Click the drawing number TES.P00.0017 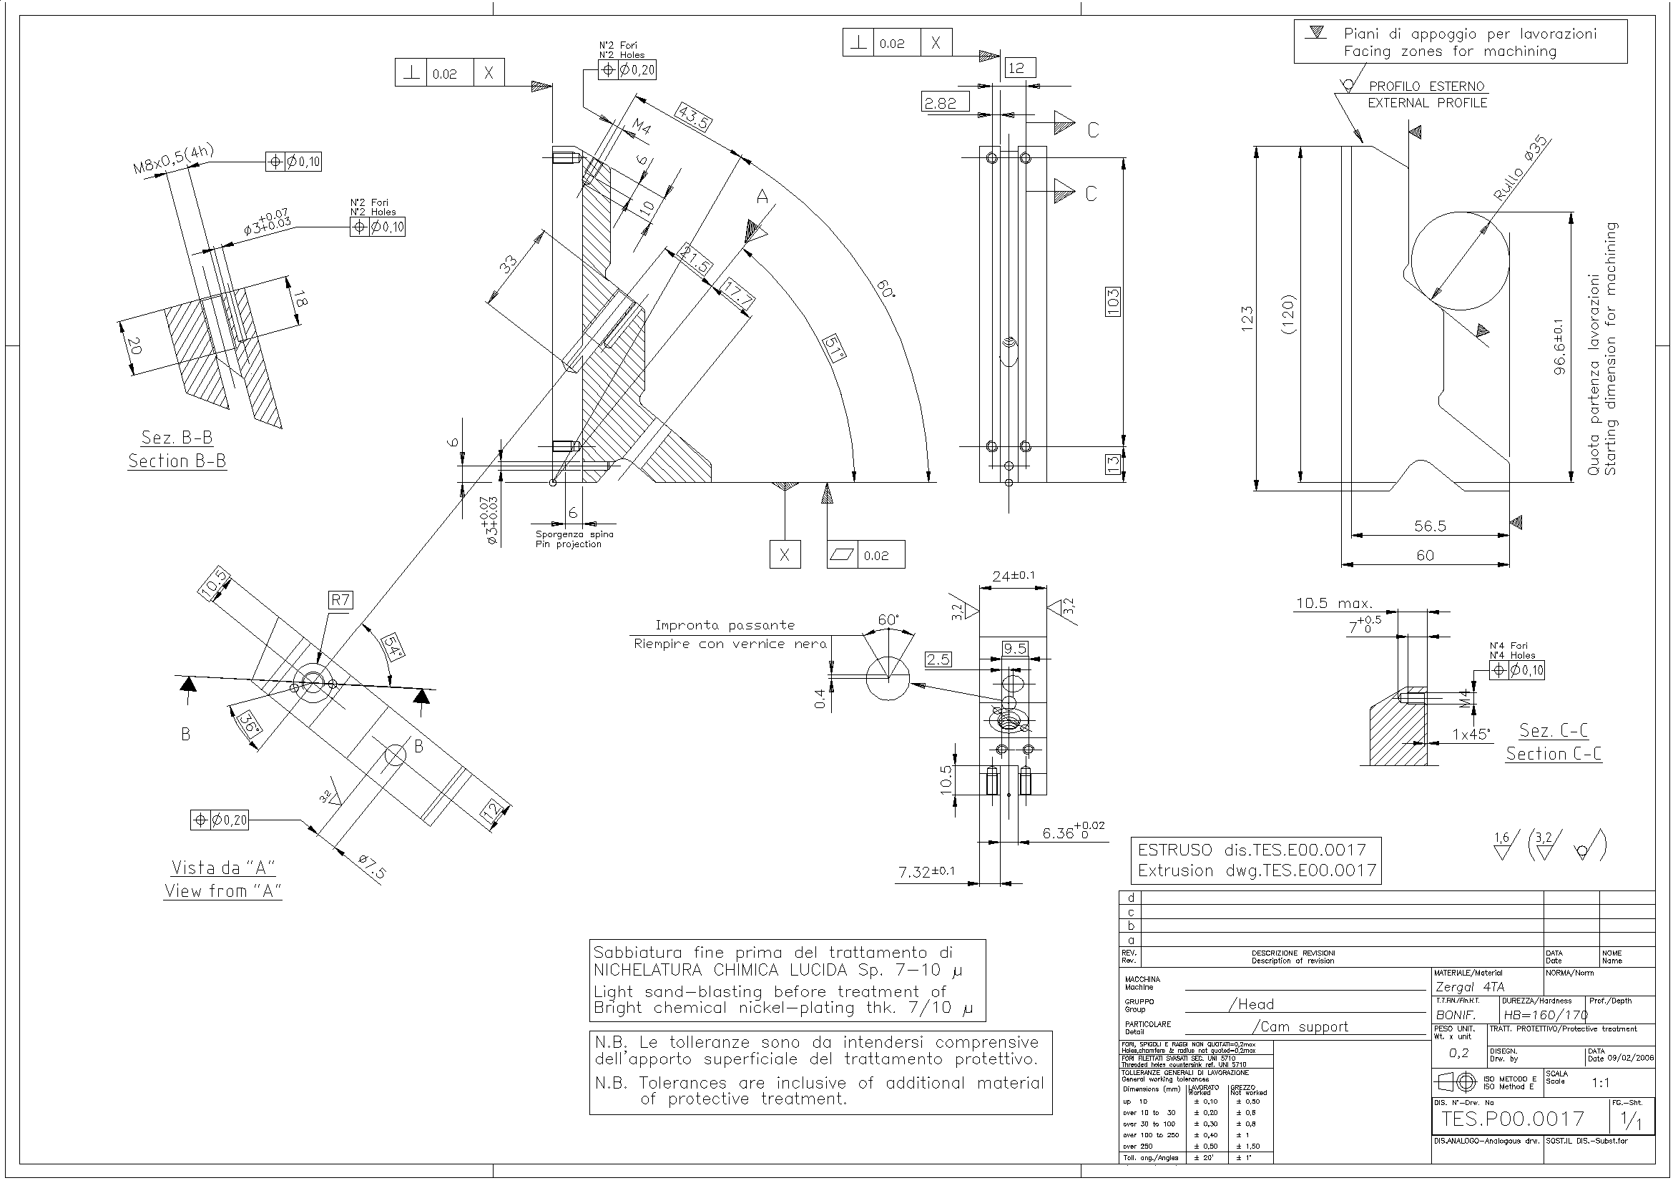(x=1513, y=1118)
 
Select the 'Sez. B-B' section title (x=177, y=437)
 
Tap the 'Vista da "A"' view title (x=223, y=868)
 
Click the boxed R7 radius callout (x=340, y=599)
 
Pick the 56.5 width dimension (x=1430, y=526)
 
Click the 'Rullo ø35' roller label (x=1521, y=168)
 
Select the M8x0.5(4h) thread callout (x=173, y=159)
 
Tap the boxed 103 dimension (x=1113, y=302)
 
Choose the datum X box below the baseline (x=785, y=554)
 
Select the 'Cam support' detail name (x=1300, y=1026)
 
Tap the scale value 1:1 (x=1600, y=1083)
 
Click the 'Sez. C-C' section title (x=1554, y=730)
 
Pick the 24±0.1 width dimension (x=1014, y=576)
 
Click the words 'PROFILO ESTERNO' (x=1426, y=87)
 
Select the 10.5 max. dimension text (x=1333, y=603)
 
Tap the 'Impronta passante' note (x=725, y=625)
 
